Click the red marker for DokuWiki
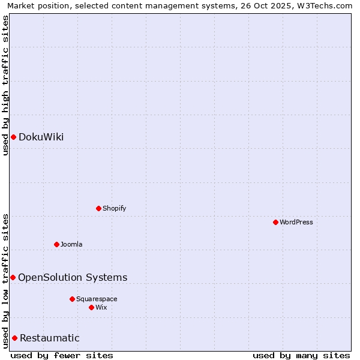click(13, 137)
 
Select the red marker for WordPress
click(275, 222)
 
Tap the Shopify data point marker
click(98, 208)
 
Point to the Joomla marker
click(56, 244)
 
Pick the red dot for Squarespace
click(72, 299)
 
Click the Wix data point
click(91, 307)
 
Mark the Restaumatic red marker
click(14, 338)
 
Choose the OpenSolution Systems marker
click(13, 277)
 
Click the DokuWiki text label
click(41, 137)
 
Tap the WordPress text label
click(296, 222)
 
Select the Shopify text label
click(114, 208)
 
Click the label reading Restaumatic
click(49, 338)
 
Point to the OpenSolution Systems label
click(73, 277)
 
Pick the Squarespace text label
click(97, 299)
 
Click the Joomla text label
click(71, 244)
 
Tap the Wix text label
click(101, 307)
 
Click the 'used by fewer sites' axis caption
click(62, 355)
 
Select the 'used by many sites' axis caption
click(301, 355)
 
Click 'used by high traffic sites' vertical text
click(5, 85)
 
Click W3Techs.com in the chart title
click(325, 5)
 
